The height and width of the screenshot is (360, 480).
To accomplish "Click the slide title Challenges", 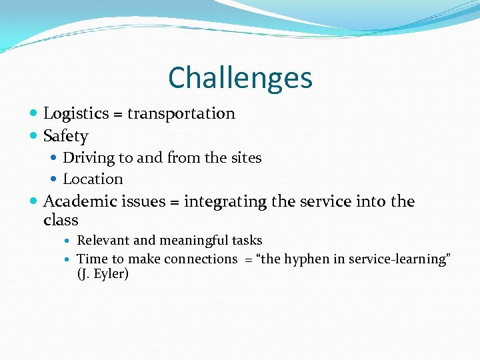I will (240, 77).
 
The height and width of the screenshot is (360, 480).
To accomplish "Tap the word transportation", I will (181, 114).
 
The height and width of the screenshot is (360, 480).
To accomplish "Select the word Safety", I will (65, 137).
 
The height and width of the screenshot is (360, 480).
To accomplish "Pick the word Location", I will (93, 179).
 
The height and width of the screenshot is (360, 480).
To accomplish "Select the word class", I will (61, 220).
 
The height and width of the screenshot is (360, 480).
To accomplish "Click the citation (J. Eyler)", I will (103, 274).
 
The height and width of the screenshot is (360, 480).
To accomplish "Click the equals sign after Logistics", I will (117, 115).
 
